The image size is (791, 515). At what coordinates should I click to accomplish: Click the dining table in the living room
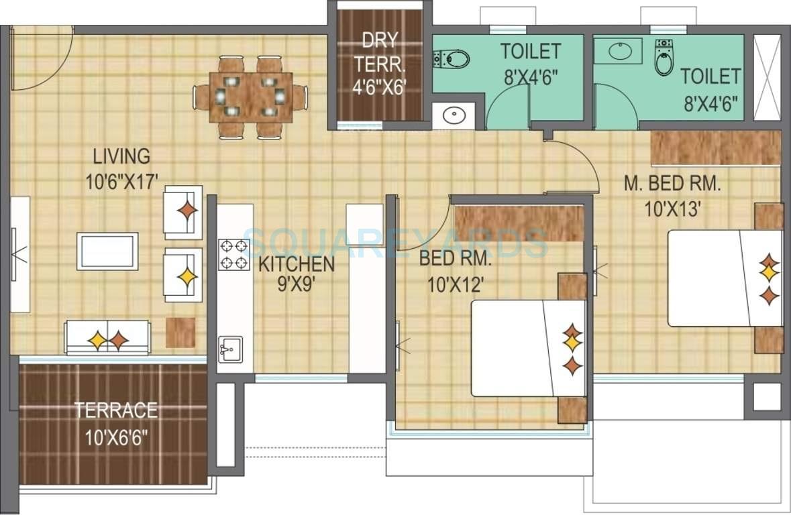[250, 97]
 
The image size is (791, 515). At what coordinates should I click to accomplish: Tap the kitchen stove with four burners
[233, 254]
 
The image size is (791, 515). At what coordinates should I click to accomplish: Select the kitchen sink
[229, 349]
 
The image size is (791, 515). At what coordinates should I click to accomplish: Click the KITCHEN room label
[297, 264]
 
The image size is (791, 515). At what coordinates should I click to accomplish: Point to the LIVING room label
[121, 157]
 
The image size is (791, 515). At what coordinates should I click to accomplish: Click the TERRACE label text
[116, 409]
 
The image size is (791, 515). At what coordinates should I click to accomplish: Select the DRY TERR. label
[380, 54]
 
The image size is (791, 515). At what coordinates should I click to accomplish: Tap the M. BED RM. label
[672, 184]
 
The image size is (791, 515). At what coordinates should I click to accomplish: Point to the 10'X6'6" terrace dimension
[116, 439]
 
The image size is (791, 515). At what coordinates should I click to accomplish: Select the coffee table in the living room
[107, 251]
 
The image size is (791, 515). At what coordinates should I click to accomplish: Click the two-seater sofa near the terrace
[107, 337]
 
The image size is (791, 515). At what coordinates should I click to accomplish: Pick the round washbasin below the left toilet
[454, 115]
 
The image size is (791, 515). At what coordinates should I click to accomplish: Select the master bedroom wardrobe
[716, 148]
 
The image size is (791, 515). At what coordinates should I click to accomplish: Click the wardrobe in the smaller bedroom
[518, 223]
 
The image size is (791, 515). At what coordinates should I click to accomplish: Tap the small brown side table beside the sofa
[180, 333]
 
